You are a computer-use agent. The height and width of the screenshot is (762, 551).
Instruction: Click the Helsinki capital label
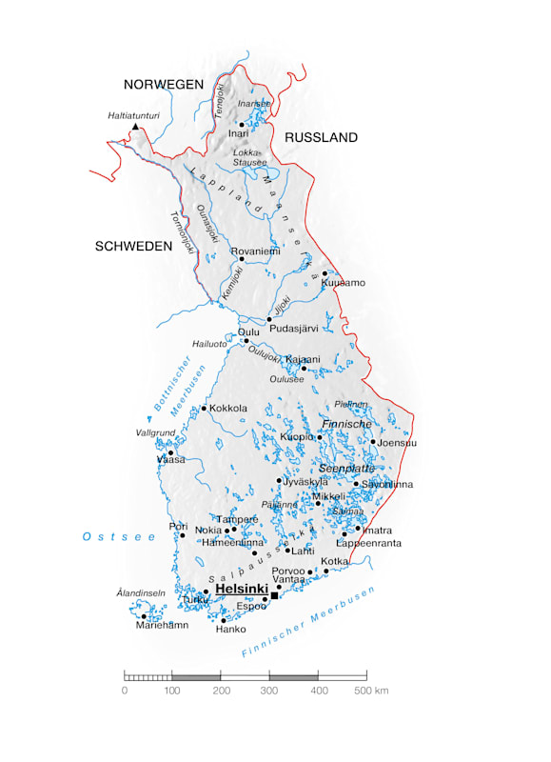point(242,591)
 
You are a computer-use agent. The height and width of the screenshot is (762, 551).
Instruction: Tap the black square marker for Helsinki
point(275,595)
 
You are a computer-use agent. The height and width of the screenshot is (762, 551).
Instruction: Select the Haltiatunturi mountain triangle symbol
point(135,126)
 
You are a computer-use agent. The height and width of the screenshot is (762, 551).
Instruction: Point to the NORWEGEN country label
point(169,84)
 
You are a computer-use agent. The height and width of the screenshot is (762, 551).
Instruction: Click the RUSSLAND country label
point(321,137)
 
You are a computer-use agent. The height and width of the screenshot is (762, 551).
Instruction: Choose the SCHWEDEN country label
point(133,246)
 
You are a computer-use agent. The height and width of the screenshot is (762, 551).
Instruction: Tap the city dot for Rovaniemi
point(242,258)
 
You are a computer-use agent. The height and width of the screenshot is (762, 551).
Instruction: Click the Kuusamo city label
point(344,283)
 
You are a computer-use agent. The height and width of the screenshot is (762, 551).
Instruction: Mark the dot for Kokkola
point(204,409)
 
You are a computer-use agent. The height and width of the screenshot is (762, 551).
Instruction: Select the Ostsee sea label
point(118,537)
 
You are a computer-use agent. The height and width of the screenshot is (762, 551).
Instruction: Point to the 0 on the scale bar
point(125,690)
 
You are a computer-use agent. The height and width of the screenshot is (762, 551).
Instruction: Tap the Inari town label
point(238,134)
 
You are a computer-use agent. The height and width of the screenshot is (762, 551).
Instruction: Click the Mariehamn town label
point(162,626)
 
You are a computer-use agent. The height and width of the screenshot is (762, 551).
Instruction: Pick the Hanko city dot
point(225,620)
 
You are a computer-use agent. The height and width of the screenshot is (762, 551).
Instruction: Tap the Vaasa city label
point(171,459)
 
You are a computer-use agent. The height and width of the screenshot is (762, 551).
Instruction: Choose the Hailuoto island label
point(210,343)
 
